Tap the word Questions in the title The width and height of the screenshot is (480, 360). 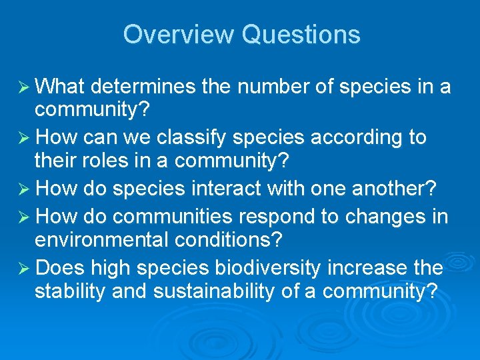coord(301,34)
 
